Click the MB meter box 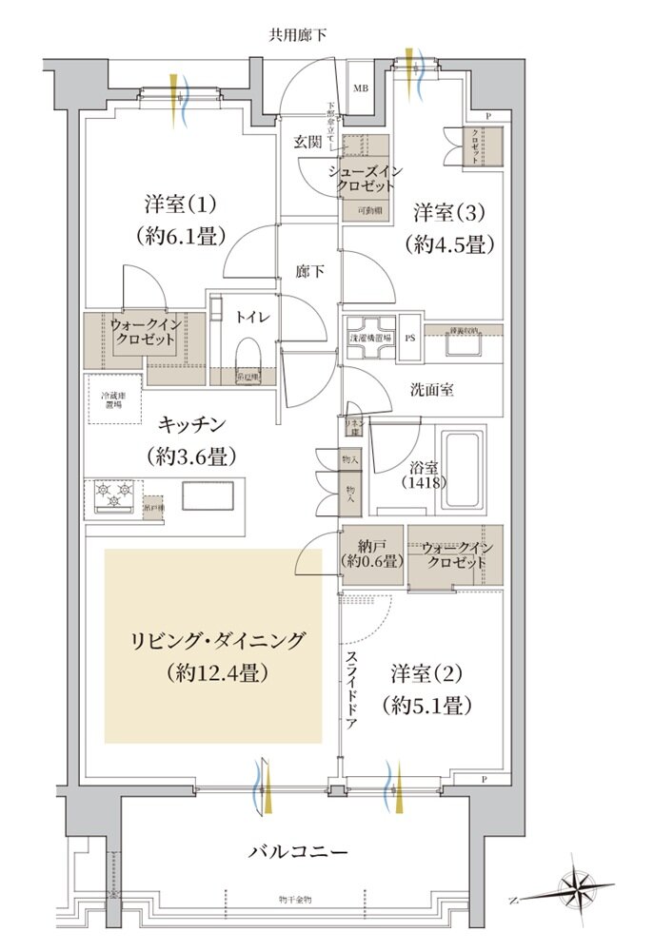coord(361,89)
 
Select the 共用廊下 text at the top coord(297,36)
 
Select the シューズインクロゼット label coord(366,178)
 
